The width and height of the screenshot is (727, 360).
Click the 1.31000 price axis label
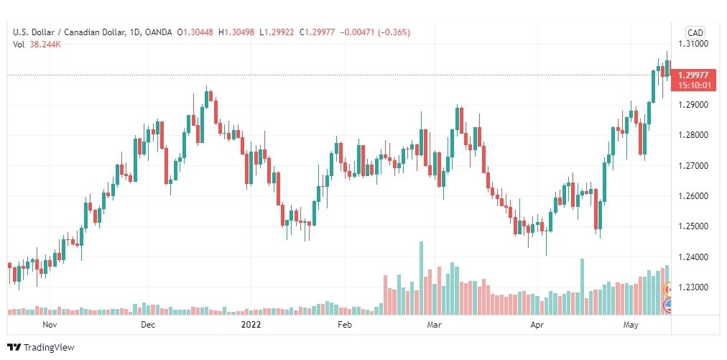click(x=693, y=44)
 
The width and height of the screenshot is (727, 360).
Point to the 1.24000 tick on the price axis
click(x=693, y=257)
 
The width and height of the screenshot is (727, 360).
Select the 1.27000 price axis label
click(x=693, y=165)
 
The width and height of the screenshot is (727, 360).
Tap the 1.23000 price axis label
click(x=693, y=287)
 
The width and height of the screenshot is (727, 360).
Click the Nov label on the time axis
click(x=50, y=325)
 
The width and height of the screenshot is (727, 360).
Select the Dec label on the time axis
click(x=148, y=325)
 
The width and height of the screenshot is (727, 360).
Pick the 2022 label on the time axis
click(x=251, y=325)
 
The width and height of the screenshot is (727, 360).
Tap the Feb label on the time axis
click(x=345, y=325)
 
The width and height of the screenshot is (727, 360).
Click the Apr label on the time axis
click(x=537, y=325)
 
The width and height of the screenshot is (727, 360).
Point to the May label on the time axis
click(x=631, y=325)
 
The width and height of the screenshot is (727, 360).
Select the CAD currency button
click(x=695, y=32)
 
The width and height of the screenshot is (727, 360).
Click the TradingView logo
click(x=41, y=348)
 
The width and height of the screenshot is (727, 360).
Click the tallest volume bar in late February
click(x=422, y=278)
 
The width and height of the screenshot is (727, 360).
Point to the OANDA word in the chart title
click(x=157, y=32)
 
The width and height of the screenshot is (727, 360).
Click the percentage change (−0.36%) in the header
click(x=394, y=32)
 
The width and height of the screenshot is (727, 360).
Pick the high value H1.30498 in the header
click(x=236, y=32)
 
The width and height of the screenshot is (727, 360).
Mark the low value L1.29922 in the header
click(x=277, y=32)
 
